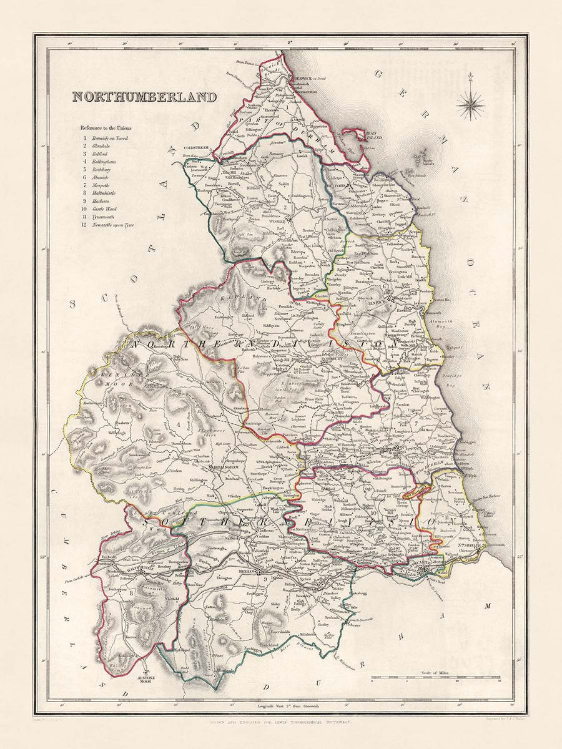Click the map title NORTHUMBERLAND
144,97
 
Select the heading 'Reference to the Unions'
107,127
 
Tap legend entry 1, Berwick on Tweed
107,138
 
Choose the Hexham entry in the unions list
98,202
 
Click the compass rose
470,104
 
